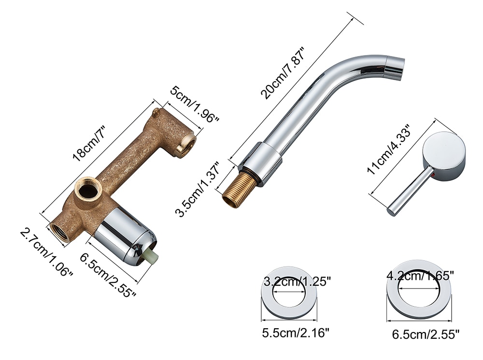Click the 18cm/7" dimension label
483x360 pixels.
pyautogui.click(x=89, y=143)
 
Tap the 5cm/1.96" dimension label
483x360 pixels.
pyautogui.click(x=195, y=104)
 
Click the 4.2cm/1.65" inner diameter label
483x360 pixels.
pyautogui.click(x=420, y=275)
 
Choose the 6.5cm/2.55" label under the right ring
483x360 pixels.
pyautogui.click(x=426, y=334)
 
